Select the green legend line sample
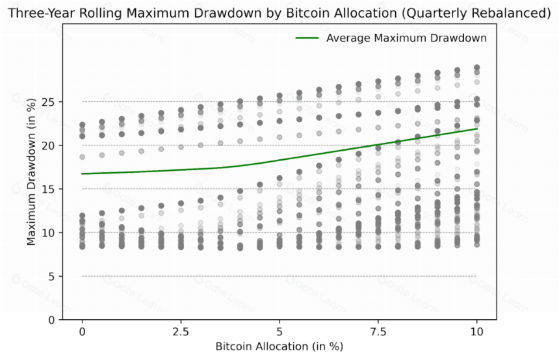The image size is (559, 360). coord(307,38)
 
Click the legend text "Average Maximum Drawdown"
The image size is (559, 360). coord(406,38)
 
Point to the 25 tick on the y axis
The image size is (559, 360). coord(49,102)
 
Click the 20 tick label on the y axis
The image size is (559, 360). coord(49,146)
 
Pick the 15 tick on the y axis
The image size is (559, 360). coord(49,189)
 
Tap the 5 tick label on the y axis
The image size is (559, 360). coord(53,276)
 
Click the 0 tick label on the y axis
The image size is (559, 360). coord(53,320)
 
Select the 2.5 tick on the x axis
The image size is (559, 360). coord(181,332)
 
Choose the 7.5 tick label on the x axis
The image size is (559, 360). coord(378,332)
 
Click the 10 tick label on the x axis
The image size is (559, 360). coord(476,332)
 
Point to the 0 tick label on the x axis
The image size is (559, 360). coord(83,332)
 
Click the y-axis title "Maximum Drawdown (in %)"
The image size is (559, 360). coord(31,171)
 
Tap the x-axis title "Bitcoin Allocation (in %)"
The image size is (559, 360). coord(279,346)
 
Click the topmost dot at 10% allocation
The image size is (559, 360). coord(476,68)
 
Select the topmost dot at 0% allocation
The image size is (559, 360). coord(83,125)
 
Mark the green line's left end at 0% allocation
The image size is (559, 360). coord(82,174)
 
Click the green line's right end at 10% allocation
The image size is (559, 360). coord(477,128)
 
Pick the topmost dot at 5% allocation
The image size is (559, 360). coord(279,96)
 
